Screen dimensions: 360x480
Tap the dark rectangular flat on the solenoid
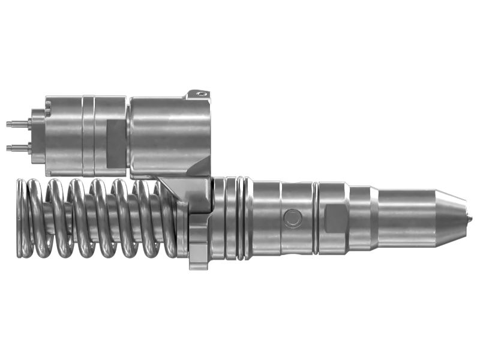(115, 143)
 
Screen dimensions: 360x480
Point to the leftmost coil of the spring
(23, 219)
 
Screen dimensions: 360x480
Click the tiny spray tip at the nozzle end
(470, 218)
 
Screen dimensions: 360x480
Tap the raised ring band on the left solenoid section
(88, 135)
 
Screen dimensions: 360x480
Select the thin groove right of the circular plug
(315, 218)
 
